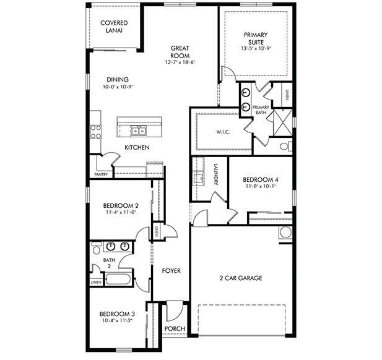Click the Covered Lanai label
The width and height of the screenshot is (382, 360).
113,27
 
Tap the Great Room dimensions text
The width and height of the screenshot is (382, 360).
180,62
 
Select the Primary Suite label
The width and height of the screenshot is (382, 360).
256,38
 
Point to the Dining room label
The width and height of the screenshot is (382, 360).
117,79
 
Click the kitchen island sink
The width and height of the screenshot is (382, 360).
138,131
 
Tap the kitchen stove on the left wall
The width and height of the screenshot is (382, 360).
96,131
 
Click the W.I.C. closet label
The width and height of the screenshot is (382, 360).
223,131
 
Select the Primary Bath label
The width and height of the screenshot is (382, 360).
261,110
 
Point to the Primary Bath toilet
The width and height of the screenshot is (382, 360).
285,147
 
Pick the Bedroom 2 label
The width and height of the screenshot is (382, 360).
121,205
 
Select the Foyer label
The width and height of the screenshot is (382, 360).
171,271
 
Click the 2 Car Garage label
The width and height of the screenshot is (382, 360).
241,278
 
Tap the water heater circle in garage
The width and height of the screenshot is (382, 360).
286,233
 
